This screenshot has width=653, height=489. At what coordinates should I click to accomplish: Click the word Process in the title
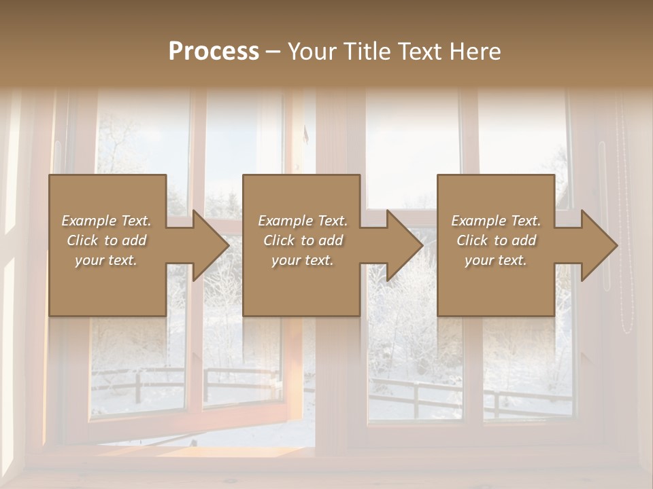click(x=214, y=52)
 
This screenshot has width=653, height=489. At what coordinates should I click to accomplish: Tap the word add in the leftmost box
click(x=134, y=240)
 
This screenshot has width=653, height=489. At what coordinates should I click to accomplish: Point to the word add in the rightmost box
click(x=524, y=240)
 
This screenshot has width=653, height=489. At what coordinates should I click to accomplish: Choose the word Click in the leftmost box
click(x=82, y=240)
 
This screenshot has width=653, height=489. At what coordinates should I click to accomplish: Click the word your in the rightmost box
click(x=480, y=260)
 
